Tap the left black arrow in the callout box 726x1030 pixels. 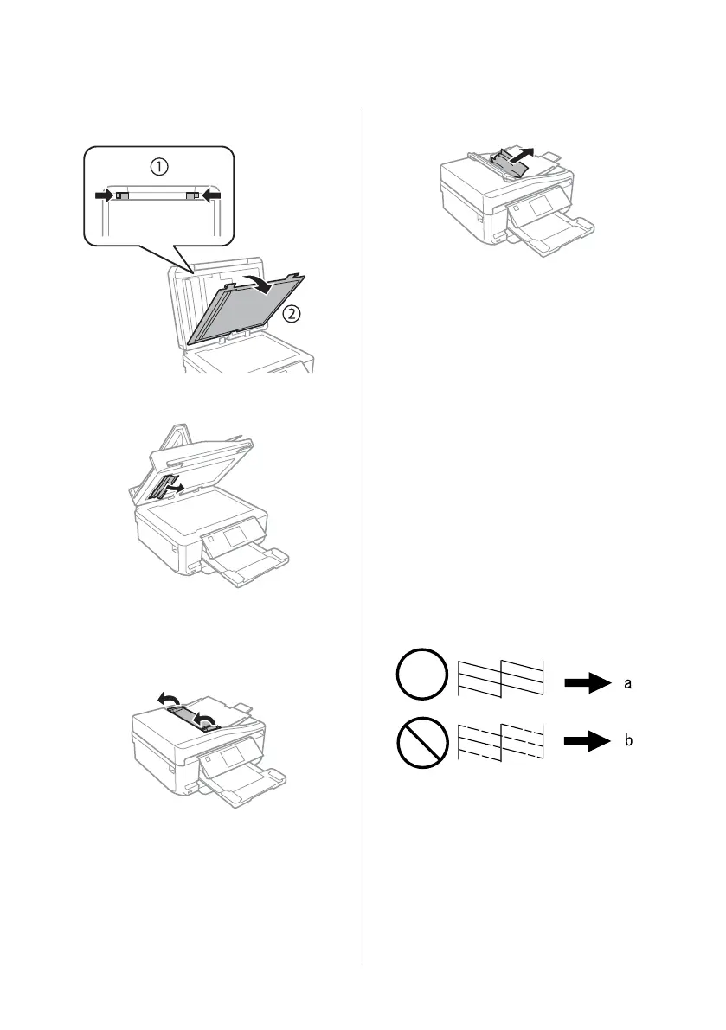(x=104, y=195)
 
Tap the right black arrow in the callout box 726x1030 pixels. (x=211, y=195)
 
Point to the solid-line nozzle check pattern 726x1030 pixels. (x=500, y=677)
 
